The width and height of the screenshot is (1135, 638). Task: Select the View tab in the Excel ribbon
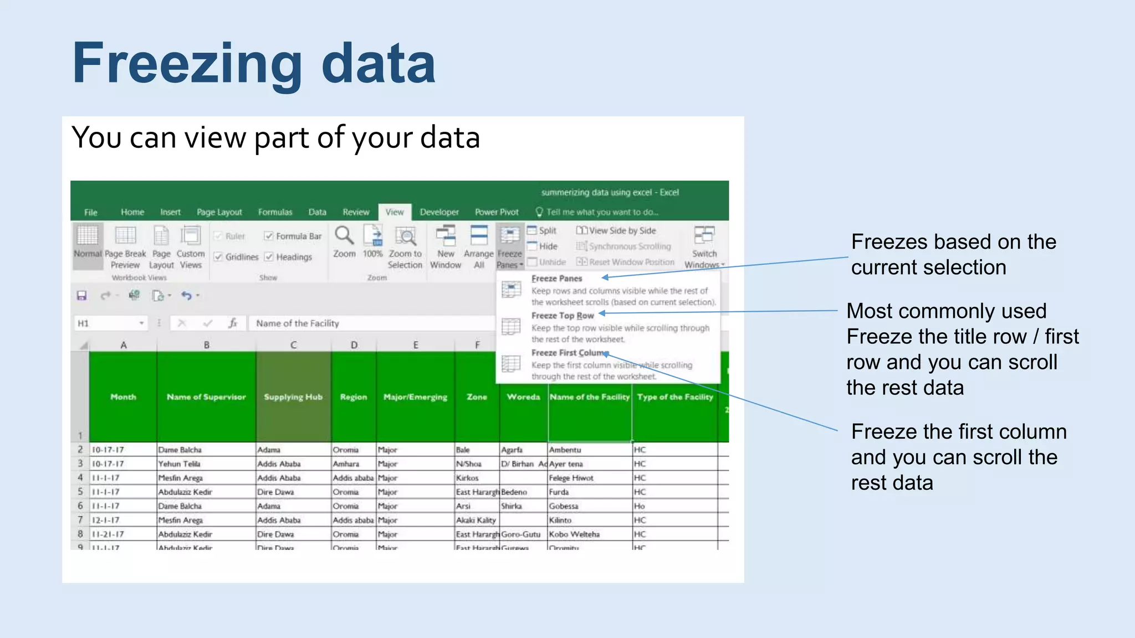[395, 212]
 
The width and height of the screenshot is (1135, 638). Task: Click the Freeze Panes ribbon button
[509, 246]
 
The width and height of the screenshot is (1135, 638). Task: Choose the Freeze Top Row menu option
[562, 316]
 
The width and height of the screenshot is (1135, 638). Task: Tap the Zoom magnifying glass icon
[344, 236]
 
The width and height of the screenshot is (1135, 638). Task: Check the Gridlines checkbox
[218, 257]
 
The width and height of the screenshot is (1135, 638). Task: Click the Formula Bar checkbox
[269, 236]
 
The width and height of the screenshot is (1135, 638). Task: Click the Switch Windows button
[704, 246]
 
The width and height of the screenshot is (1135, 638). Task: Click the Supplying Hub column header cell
[293, 397]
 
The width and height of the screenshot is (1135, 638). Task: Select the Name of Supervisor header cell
[206, 397]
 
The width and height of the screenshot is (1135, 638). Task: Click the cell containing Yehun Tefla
[180, 464]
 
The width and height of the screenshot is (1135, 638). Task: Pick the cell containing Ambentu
[565, 450]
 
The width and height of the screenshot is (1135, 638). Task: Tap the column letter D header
[354, 345]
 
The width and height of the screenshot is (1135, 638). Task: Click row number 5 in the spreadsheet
[80, 492]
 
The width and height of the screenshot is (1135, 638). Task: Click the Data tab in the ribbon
[317, 212]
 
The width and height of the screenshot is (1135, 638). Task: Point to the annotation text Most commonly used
[946, 311]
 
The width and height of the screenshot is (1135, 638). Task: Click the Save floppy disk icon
[82, 296]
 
